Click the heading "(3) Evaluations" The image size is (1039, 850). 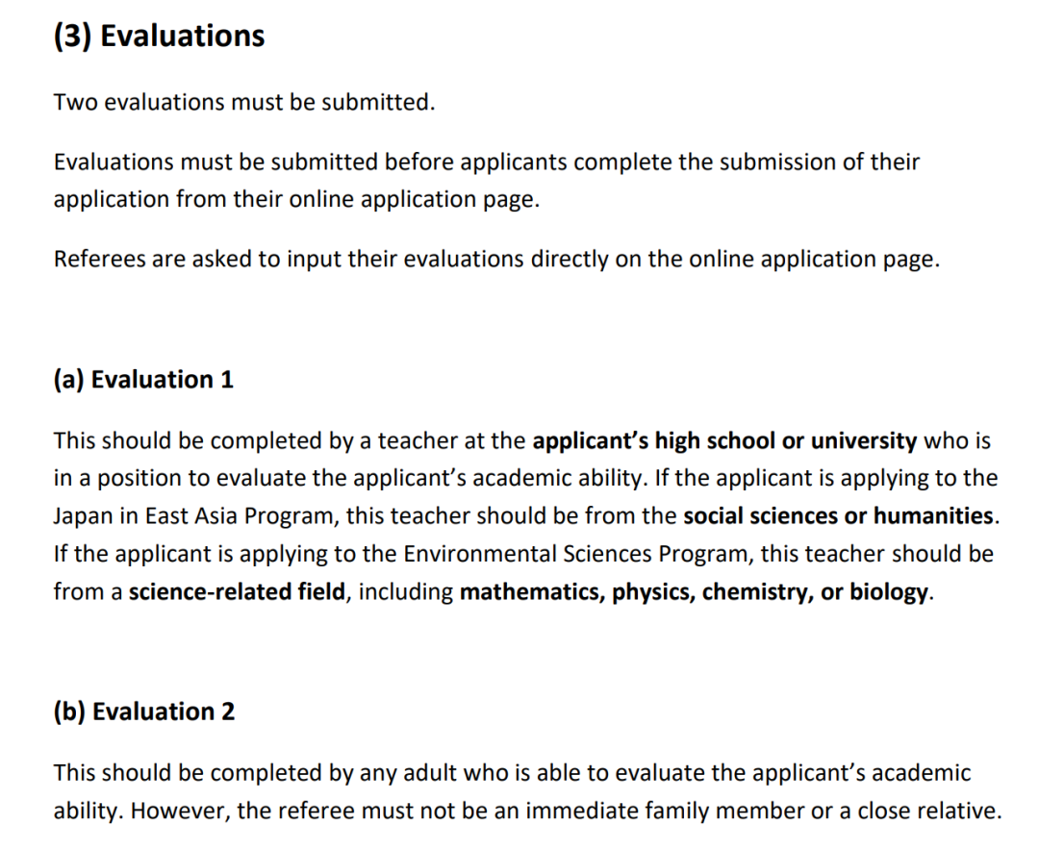pos(159,36)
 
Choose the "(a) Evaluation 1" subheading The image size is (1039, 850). pos(143,380)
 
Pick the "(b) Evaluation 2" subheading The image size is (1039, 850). pos(144,712)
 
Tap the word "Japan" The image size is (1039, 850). pos(84,515)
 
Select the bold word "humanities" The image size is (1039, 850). pos(934,515)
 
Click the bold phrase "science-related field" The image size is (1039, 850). pos(236,591)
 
